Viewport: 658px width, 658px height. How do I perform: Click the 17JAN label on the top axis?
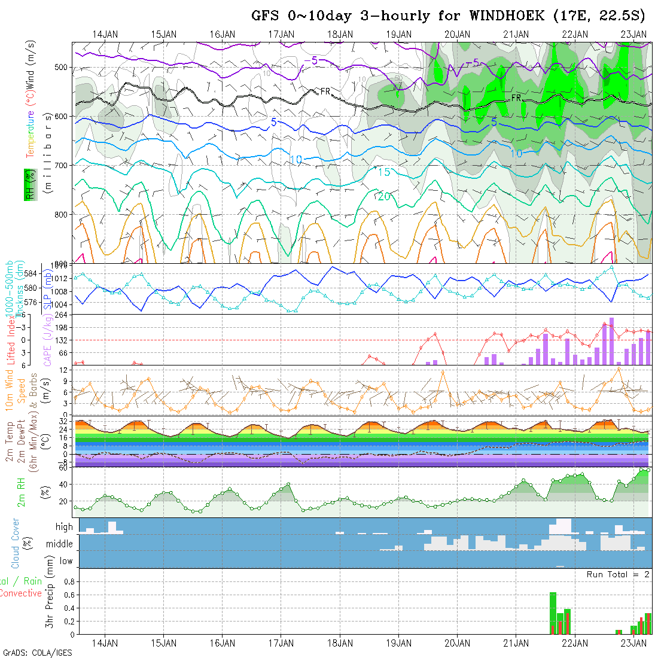[x=281, y=34]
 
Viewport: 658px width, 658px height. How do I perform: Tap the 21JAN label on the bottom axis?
[x=516, y=643]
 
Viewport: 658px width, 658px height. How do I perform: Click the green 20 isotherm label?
[x=385, y=197]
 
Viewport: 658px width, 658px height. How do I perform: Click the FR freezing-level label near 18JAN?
[x=325, y=91]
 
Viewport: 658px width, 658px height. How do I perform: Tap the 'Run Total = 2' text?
[x=618, y=574]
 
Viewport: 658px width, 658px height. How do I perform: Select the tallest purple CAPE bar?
[x=611, y=341]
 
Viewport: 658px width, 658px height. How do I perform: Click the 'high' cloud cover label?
[x=64, y=527]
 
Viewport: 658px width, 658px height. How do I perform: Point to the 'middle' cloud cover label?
[x=60, y=544]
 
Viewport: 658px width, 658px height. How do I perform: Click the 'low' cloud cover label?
[x=66, y=561]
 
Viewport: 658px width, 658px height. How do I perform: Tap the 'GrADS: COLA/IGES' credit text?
[x=37, y=653]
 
